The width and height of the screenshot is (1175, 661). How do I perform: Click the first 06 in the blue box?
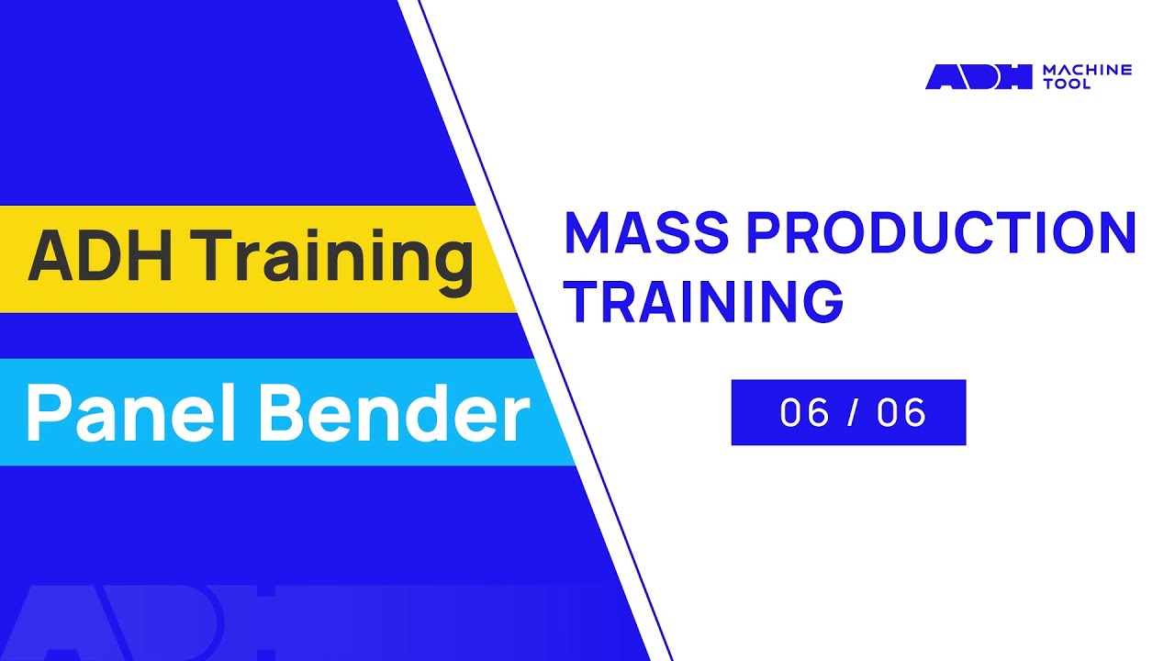[x=805, y=413]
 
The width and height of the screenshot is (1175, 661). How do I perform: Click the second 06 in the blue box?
[x=901, y=413]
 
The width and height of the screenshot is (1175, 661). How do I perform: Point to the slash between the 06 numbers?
[x=854, y=413]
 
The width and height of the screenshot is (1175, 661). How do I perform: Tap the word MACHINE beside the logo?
[x=1088, y=70]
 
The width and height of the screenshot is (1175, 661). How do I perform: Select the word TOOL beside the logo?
[x=1068, y=84]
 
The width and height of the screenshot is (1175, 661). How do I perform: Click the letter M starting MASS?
[x=587, y=234]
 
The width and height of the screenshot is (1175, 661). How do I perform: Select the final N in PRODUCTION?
[x=1116, y=234]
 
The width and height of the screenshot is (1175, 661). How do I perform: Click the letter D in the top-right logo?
[x=980, y=77]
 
